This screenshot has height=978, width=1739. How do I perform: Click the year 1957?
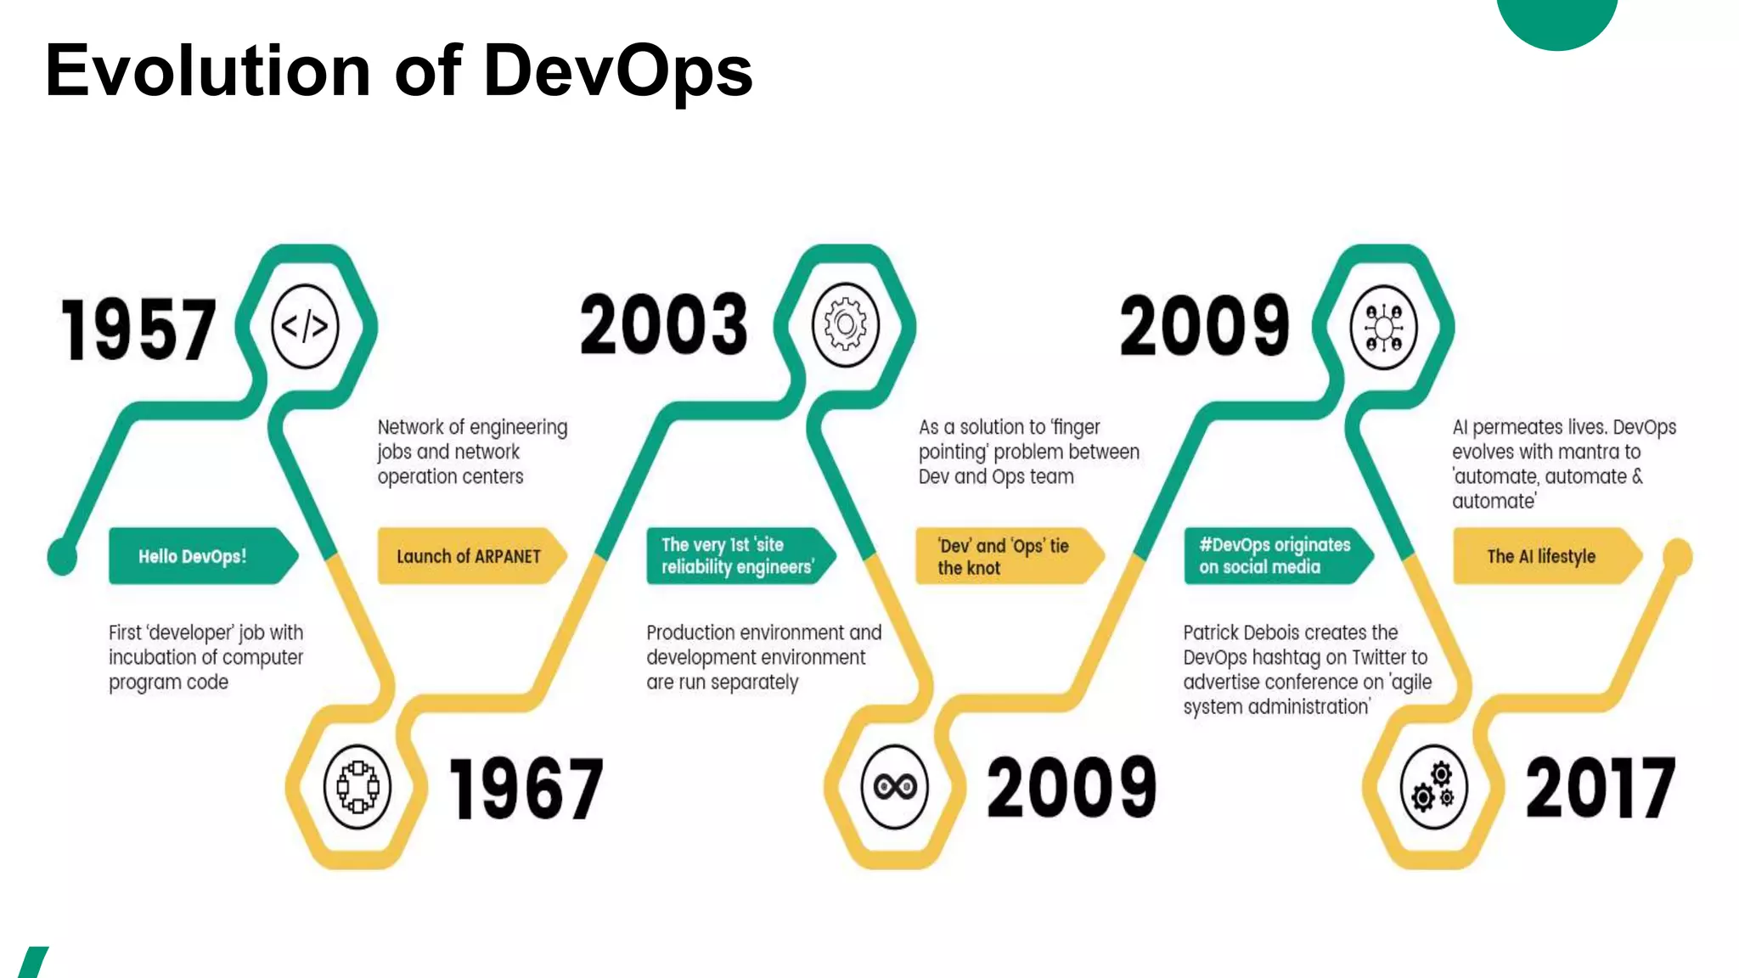point(138,329)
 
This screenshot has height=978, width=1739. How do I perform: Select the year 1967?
point(526,789)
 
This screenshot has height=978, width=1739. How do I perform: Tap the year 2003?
point(664,325)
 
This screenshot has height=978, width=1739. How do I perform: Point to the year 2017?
point(1601,789)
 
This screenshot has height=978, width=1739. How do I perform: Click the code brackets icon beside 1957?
point(305,326)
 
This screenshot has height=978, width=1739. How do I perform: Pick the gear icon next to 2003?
point(845,325)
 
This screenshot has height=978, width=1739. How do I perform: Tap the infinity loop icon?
point(895,787)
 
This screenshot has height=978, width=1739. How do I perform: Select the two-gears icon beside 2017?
point(1433,787)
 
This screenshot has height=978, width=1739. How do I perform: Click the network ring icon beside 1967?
point(357,787)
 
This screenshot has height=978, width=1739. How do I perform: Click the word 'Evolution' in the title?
point(208,70)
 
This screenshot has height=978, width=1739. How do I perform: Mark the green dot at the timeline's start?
point(62,558)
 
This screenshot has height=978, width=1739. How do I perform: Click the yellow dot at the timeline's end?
point(1677,556)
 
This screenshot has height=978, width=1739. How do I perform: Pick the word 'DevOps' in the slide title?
point(618,70)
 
